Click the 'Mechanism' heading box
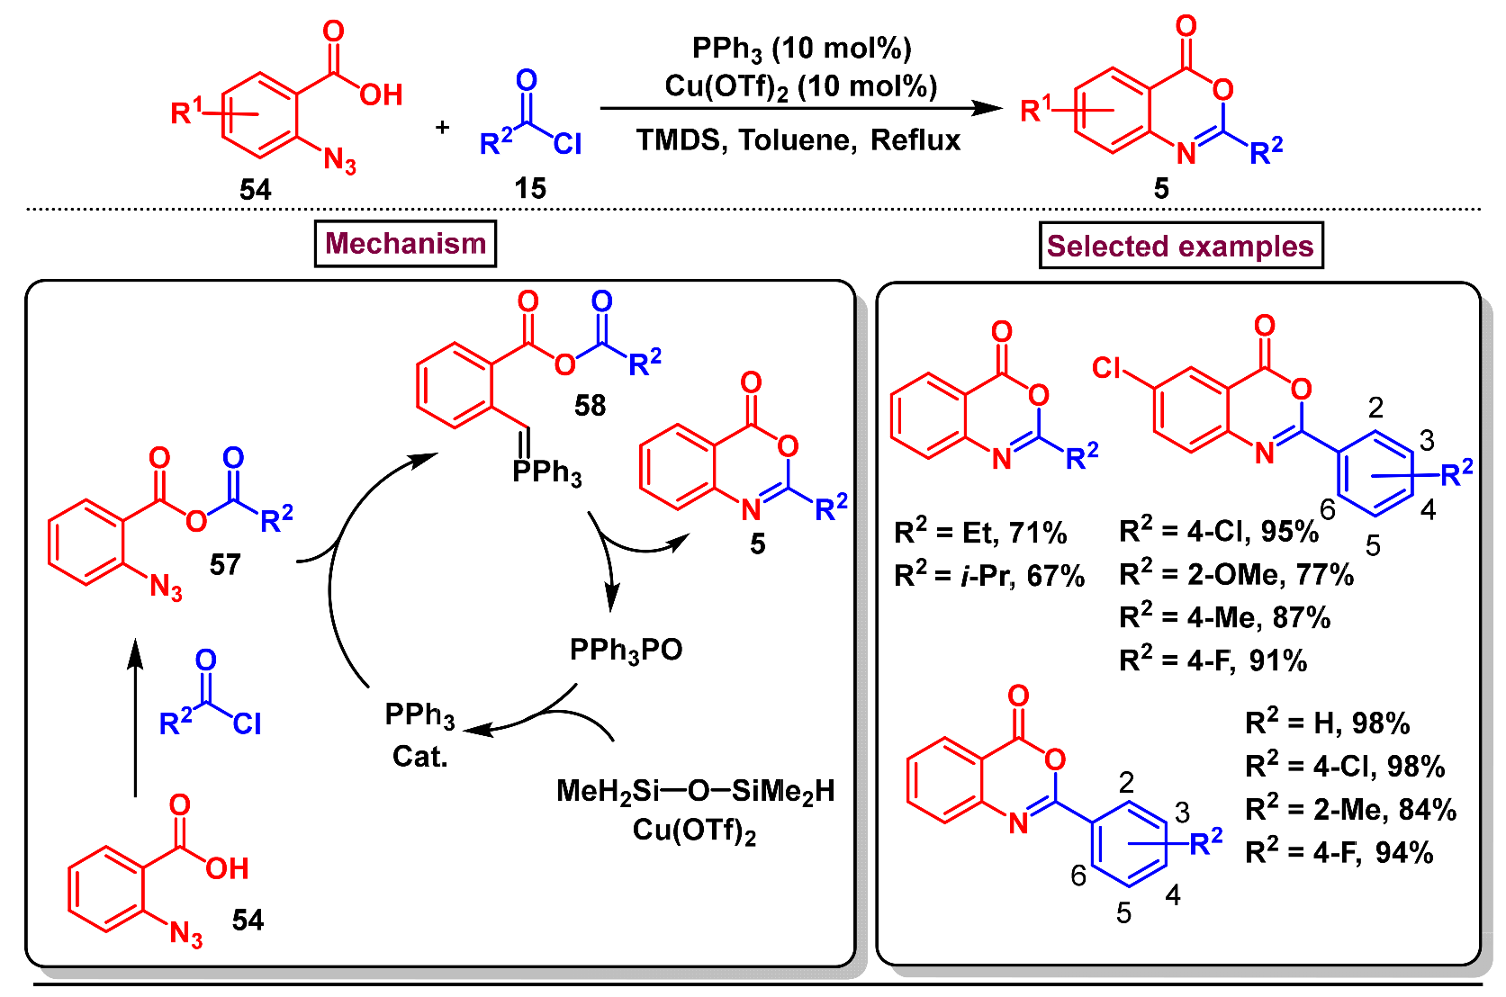(x=405, y=244)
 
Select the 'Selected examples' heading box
(x=1180, y=246)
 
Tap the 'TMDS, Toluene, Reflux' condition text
(x=798, y=140)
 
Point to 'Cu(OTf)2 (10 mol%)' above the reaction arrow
(x=800, y=87)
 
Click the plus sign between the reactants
(x=442, y=128)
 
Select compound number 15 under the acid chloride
(x=530, y=189)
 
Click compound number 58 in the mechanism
(x=590, y=406)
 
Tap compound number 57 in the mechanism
(x=225, y=565)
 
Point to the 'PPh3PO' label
(x=626, y=650)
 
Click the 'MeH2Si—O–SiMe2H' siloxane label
(x=695, y=791)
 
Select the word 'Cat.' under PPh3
(x=419, y=757)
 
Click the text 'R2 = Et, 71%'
(x=979, y=533)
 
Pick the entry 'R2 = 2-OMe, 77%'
(x=1236, y=574)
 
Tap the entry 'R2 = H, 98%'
(x=1327, y=723)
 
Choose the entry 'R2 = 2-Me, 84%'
(x=1350, y=809)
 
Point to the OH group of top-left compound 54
(x=381, y=94)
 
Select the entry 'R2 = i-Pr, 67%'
(x=988, y=575)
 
